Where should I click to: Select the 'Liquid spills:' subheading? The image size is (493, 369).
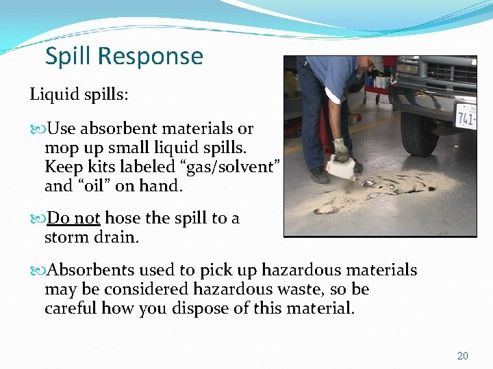point(78,94)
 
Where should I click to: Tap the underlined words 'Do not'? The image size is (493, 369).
point(74,218)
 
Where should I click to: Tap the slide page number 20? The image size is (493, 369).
point(463,356)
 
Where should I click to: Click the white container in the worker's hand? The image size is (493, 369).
point(340,167)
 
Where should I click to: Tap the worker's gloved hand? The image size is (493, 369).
point(340,149)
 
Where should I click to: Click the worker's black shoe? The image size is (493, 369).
point(319,175)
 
